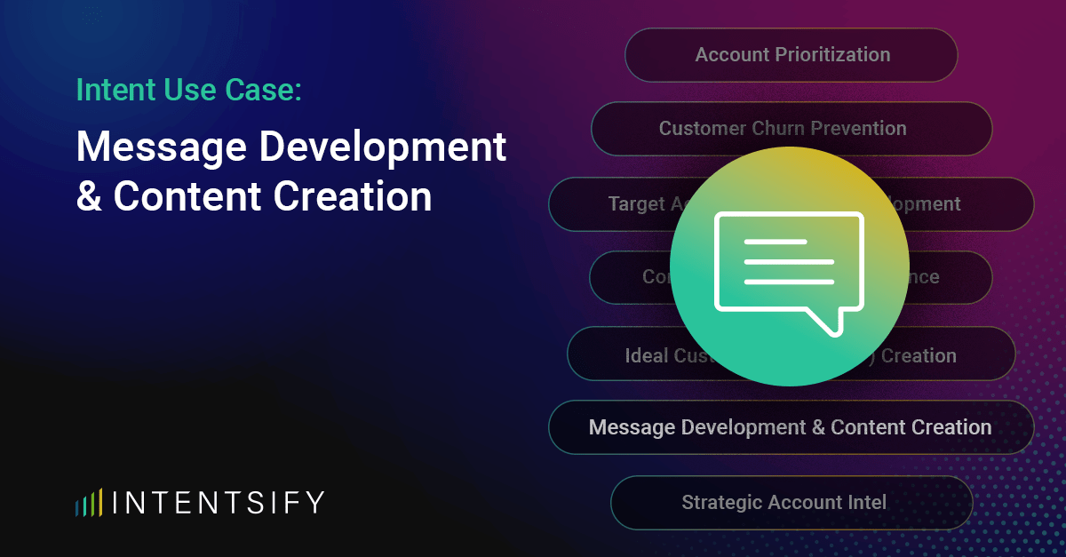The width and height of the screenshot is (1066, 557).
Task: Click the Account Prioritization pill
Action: (x=791, y=55)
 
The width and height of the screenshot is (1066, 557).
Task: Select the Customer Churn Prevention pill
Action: (x=791, y=129)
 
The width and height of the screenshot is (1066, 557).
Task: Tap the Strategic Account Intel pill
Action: (x=791, y=503)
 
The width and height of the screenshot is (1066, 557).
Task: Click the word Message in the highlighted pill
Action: (x=632, y=427)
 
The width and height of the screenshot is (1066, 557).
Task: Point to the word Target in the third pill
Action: (x=636, y=204)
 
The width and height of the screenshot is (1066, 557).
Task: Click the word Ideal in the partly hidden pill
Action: (x=646, y=356)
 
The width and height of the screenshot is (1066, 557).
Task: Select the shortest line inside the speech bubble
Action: (x=775, y=242)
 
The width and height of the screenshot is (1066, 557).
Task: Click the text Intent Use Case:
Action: (x=189, y=90)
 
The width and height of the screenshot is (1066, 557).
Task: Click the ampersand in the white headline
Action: (x=89, y=197)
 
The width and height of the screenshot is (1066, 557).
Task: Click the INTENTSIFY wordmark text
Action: (x=219, y=503)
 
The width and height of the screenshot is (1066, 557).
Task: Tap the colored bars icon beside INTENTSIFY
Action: (x=89, y=503)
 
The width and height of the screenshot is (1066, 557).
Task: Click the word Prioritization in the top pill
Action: (x=831, y=55)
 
